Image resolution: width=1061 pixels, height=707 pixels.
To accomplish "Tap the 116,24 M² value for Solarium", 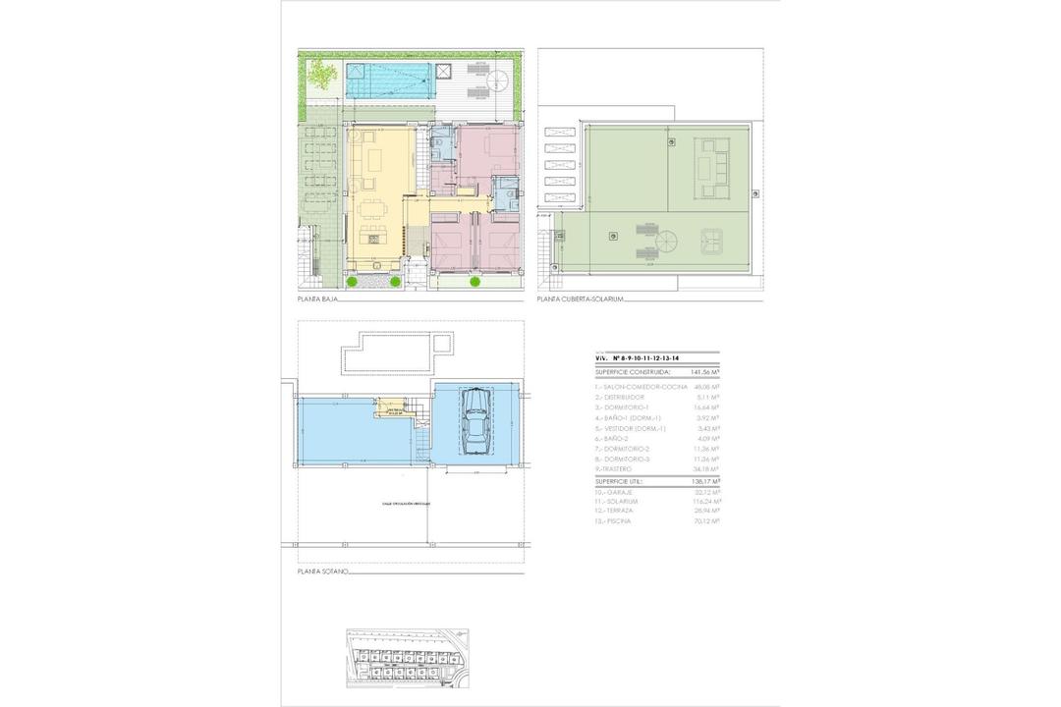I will point(703,501).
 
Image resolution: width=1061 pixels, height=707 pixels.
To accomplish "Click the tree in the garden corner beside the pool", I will point(320,74).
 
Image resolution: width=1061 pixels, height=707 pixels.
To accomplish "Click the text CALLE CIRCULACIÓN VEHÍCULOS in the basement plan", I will point(407,504).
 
